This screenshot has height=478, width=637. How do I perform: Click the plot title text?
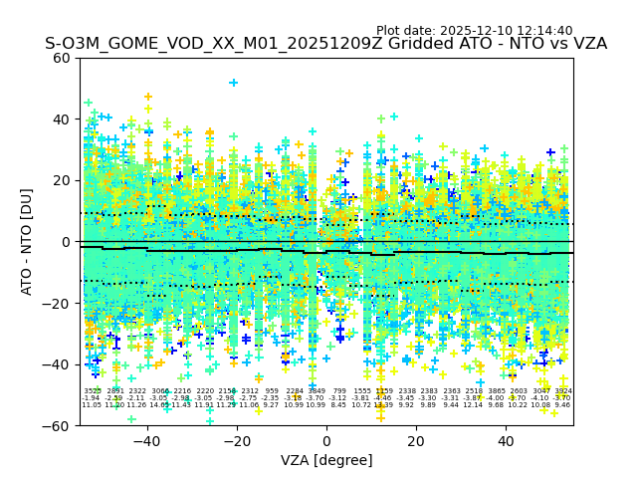pos(325,44)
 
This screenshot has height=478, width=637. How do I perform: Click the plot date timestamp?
pos(474,31)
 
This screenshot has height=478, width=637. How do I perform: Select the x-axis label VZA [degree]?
pos(326,460)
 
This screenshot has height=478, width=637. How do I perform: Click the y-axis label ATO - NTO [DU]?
pos(27,241)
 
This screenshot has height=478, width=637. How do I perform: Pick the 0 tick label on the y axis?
pos(67,242)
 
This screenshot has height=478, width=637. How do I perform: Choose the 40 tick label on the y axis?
pos(62,119)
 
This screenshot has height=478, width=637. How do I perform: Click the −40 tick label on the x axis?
pos(146,441)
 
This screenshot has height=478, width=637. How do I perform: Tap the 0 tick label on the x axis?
pos(326,441)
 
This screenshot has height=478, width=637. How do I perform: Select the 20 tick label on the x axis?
pos(416,441)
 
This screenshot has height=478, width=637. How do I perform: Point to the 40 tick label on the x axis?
pos(506,441)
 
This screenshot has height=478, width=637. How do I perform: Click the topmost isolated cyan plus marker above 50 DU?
pos(234,83)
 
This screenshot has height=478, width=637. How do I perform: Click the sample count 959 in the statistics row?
pos(272,391)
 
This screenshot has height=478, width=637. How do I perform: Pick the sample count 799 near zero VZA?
pos(339,391)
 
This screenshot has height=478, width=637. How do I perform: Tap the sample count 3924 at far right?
pos(563,391)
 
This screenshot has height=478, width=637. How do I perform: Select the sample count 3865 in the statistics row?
pos(497,391)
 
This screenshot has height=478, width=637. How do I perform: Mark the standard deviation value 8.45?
pos(338,405)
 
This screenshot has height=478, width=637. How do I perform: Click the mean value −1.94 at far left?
pos(92,398)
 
